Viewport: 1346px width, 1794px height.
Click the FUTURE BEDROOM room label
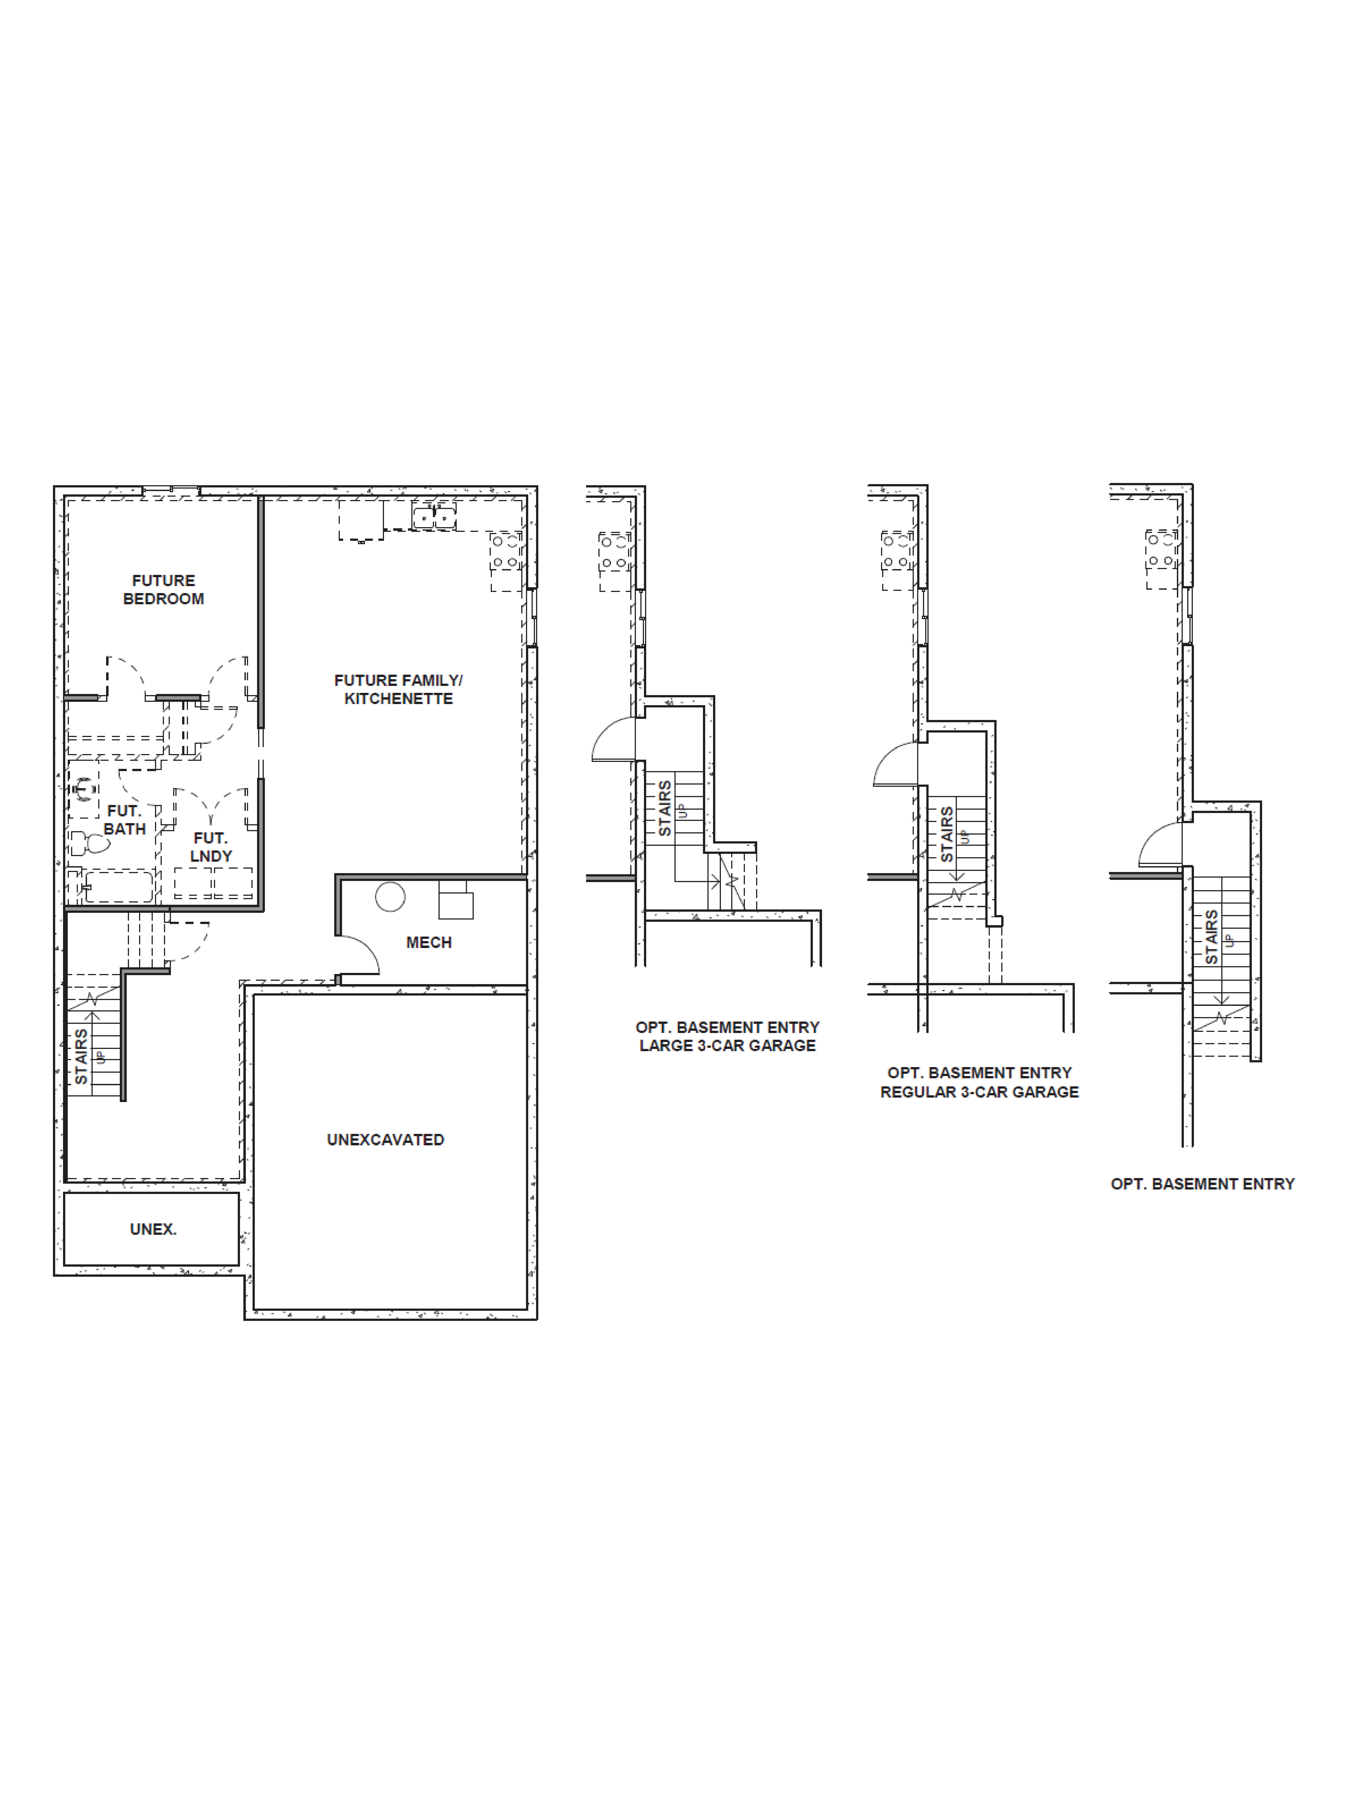coord(163,590)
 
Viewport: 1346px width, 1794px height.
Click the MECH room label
coord(428,942)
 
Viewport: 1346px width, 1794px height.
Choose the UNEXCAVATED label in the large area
coord(385,1139)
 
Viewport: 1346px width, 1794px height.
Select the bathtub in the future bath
coord(118,886)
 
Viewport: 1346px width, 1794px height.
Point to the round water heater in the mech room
coord(390,897)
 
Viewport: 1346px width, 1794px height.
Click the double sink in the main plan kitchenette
coord(434,516)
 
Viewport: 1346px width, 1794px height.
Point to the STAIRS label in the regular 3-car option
coord(946,834)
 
